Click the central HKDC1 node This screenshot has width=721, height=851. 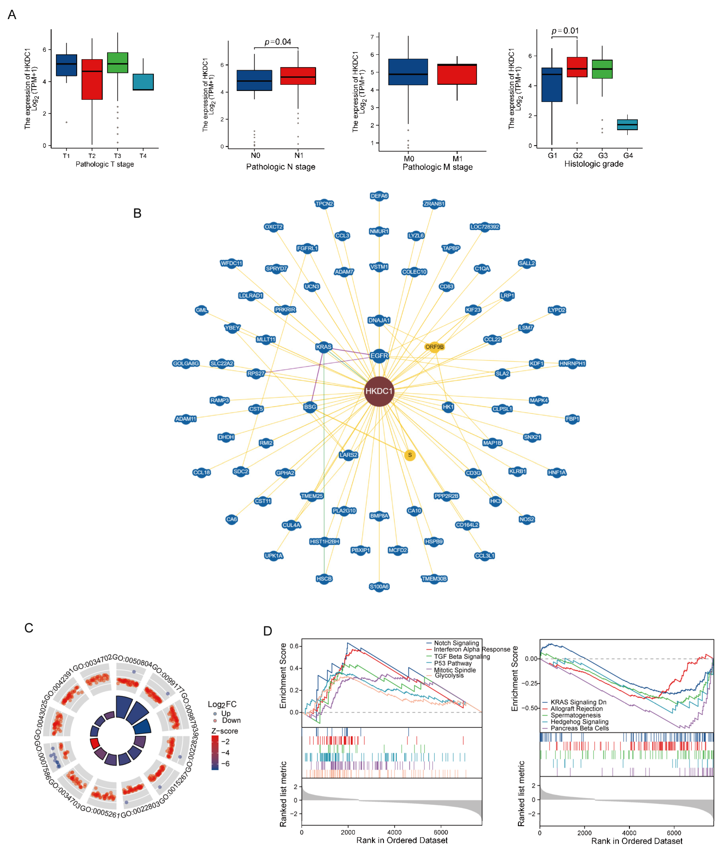click(379, 391)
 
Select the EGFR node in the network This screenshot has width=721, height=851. click(379, 356)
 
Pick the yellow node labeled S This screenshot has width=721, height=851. click(409, 455)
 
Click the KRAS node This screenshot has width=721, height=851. click(324, 347)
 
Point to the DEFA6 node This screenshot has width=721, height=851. click(379, 196)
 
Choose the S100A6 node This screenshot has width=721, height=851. click(379, 586)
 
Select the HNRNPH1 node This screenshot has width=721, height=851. click(572, 363)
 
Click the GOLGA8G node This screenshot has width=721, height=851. click(186, 363)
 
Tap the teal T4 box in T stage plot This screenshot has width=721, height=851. click(143, 82)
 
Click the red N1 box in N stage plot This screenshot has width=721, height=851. click(298, 76)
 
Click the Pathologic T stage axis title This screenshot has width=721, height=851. click(105, 164)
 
